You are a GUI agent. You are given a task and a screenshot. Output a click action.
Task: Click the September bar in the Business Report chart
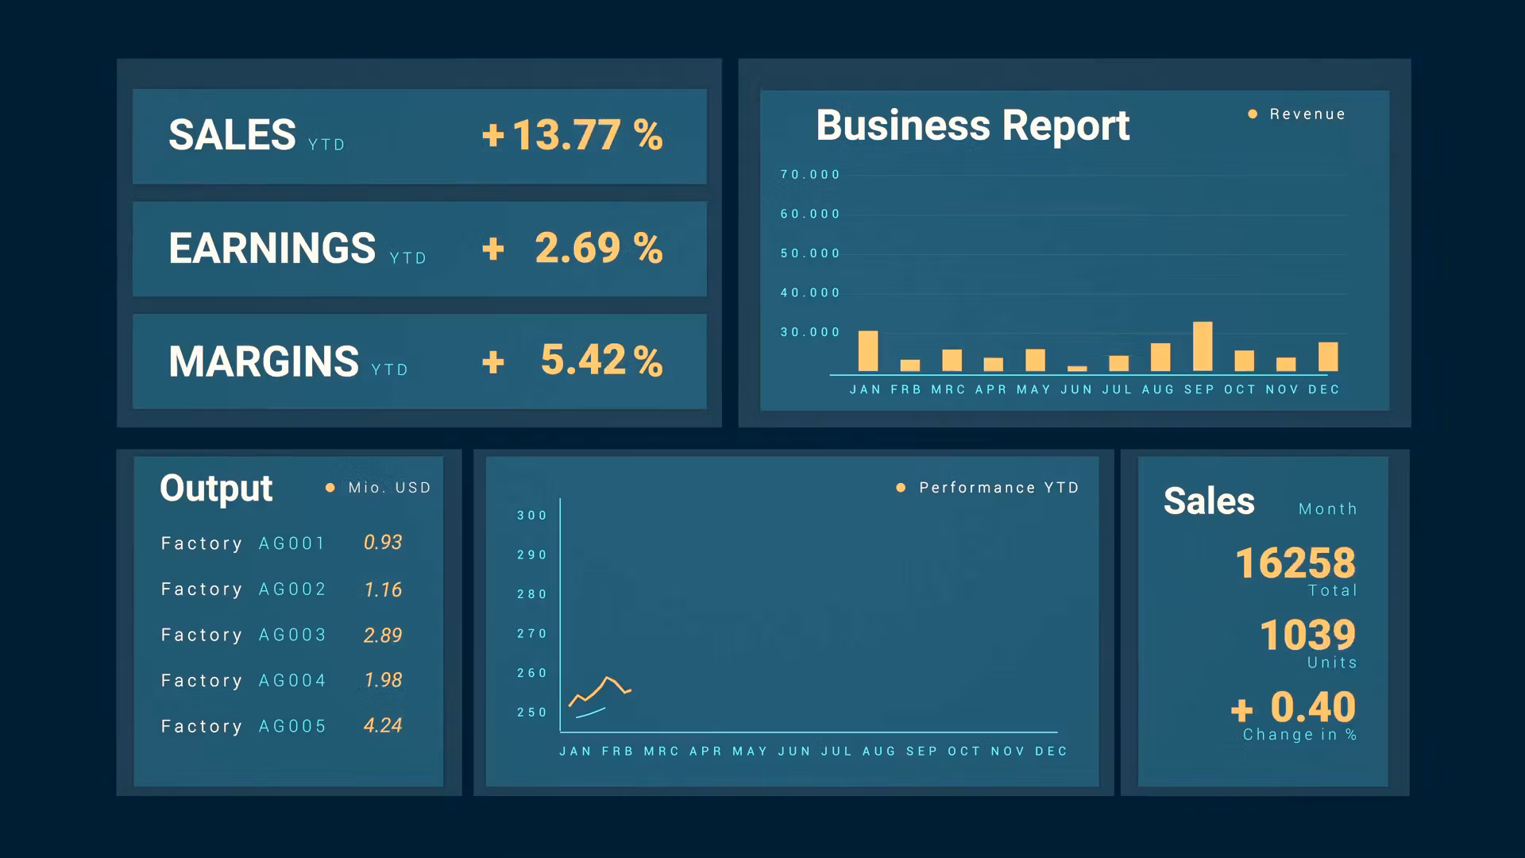1203,346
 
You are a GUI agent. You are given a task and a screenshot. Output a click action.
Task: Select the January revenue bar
868,351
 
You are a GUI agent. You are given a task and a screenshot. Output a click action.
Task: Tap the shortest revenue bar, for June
1077,369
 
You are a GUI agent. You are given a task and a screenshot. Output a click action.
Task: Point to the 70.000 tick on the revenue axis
809,175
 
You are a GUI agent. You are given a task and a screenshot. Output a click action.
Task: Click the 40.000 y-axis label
809,293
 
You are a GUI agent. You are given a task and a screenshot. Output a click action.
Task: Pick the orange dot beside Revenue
1253,114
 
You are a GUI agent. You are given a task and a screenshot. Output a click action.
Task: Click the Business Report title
972,126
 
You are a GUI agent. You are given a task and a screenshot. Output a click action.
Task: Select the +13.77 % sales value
572,135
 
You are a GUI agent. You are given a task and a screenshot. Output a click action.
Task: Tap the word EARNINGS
272,248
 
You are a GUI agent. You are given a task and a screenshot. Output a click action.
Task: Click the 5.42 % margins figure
601,361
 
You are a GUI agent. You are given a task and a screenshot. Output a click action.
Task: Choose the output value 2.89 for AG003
383,636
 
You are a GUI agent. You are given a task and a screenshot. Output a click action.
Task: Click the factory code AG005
292,726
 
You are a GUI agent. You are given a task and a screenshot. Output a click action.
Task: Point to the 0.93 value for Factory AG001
383,543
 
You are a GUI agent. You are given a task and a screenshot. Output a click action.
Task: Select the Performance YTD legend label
998,488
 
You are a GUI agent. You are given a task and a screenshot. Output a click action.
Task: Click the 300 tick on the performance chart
531,516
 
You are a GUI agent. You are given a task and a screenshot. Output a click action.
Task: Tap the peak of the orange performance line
608,678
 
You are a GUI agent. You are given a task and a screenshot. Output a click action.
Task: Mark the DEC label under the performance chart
1051,752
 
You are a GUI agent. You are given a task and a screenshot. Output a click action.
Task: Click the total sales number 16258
1295,563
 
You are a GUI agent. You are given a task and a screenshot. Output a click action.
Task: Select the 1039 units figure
1307,636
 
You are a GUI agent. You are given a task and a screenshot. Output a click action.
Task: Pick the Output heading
216,488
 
